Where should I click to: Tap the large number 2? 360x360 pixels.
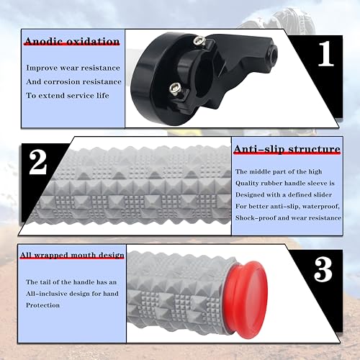[x=37, y=163]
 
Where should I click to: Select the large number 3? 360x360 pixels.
[x=323, y=270]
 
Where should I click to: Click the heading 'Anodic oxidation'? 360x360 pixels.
[x=72, y=42]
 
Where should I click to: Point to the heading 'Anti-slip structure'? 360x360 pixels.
[x=287, y=149]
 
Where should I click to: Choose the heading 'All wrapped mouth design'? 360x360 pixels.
[x=72, y=255]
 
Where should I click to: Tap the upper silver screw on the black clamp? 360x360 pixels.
[x=199, y=40]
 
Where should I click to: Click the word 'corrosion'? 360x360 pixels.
[x=60, y=82]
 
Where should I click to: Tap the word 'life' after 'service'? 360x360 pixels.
[x=103, y=96]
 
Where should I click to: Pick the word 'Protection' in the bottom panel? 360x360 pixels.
[x=42, y=305]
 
